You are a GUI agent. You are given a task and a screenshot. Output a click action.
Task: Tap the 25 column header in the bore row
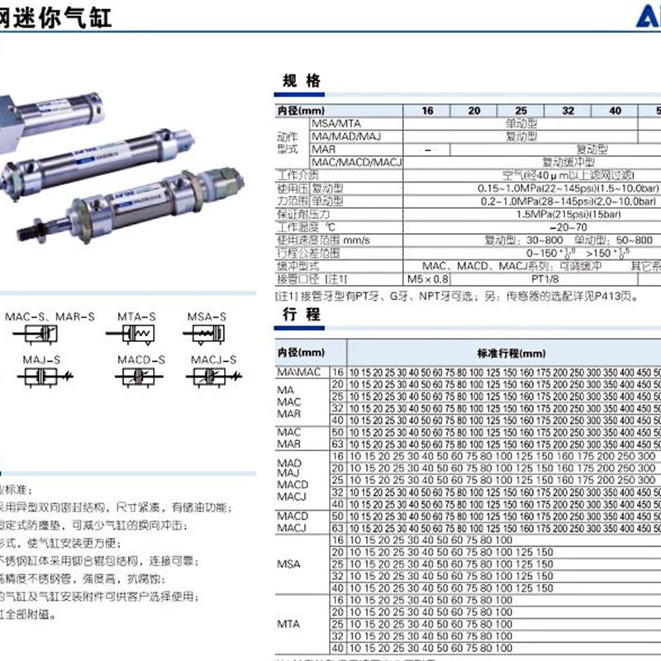point(521,111)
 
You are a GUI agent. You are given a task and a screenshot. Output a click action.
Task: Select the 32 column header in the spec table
point(568,111)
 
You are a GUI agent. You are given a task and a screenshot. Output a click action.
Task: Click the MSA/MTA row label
point(336,123)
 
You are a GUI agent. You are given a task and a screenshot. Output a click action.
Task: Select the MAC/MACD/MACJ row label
point(356,163)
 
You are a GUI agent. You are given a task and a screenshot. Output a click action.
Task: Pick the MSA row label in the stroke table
point(290,564)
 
